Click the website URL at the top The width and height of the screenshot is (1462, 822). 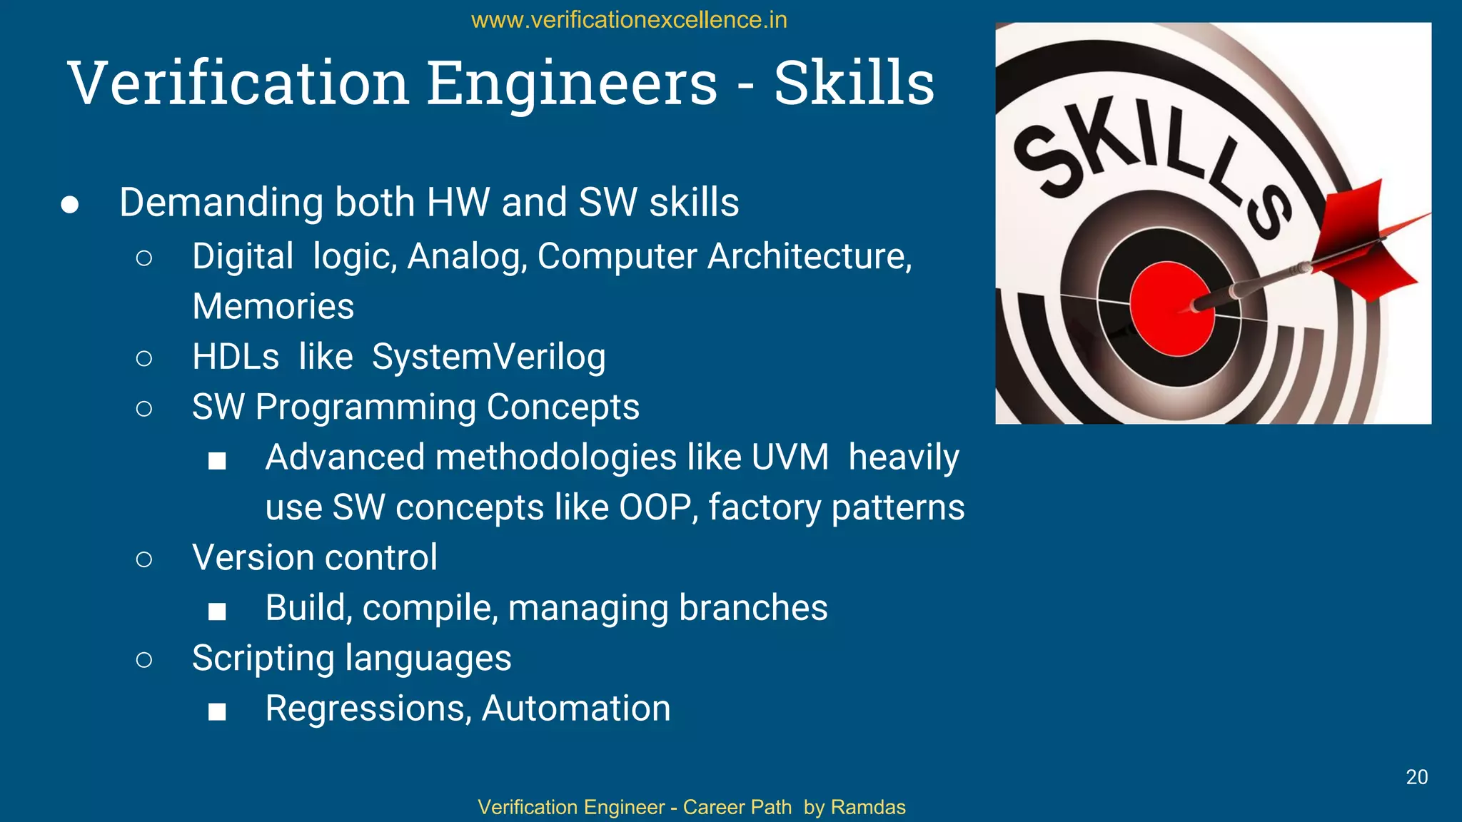point(629,20)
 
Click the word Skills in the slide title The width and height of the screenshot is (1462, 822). point(854,83)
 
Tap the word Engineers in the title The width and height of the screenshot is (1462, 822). point(572,83)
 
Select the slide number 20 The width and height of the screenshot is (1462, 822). point(1416,777)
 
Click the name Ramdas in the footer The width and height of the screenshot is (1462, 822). point(868,807)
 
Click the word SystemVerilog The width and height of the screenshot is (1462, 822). point(488,357)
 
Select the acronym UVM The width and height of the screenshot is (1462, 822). point(790,457)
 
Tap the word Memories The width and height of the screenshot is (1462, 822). point(273,307)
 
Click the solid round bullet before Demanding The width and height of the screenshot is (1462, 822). point(69,205)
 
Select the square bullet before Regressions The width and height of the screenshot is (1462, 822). point(217,711)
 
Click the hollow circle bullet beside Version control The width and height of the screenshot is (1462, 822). point(143,559)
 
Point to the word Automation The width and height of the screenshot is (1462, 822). point(576,709)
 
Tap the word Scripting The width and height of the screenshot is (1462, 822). point(263,658)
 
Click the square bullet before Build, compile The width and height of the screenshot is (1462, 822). point(217,611)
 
